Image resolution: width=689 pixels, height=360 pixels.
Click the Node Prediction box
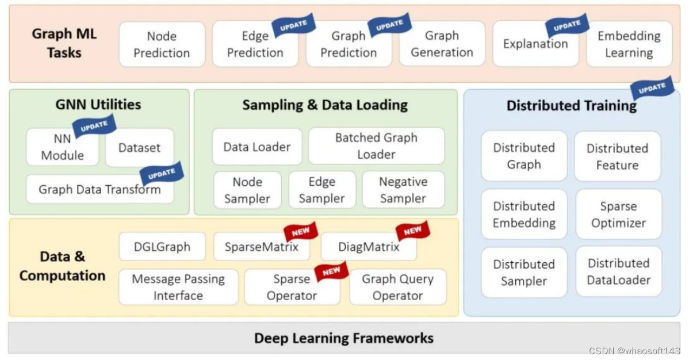pos(162,44)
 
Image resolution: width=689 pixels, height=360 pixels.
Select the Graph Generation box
pos(442,44)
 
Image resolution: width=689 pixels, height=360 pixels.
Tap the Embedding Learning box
pos(629,44)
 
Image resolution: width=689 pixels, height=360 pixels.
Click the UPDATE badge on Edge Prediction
pos(293,25)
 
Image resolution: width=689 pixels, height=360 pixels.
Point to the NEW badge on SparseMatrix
pos(301,232)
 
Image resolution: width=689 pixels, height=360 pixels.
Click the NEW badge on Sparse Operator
pos(331,271)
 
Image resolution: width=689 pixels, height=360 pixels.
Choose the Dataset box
pos(139,148)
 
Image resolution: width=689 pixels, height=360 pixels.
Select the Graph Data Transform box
pos(99,189)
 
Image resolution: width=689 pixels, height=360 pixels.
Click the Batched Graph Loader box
pos(376,146)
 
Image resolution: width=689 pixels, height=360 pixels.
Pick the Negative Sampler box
pos(403,190)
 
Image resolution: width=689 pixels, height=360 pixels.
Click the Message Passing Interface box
pos(178,287)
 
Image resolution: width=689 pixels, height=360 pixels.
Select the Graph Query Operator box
pos(397,287)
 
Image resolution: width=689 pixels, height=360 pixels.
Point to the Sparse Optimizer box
pos(618,214)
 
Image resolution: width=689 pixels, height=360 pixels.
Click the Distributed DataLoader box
pos(618,271)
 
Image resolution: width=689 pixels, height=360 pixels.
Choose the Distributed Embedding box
pos(524,214)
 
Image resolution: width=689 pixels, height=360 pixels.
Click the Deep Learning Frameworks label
pos(344,338)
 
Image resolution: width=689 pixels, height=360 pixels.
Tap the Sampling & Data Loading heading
pos(325,105)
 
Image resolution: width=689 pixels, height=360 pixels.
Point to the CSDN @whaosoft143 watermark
pos(635,351)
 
